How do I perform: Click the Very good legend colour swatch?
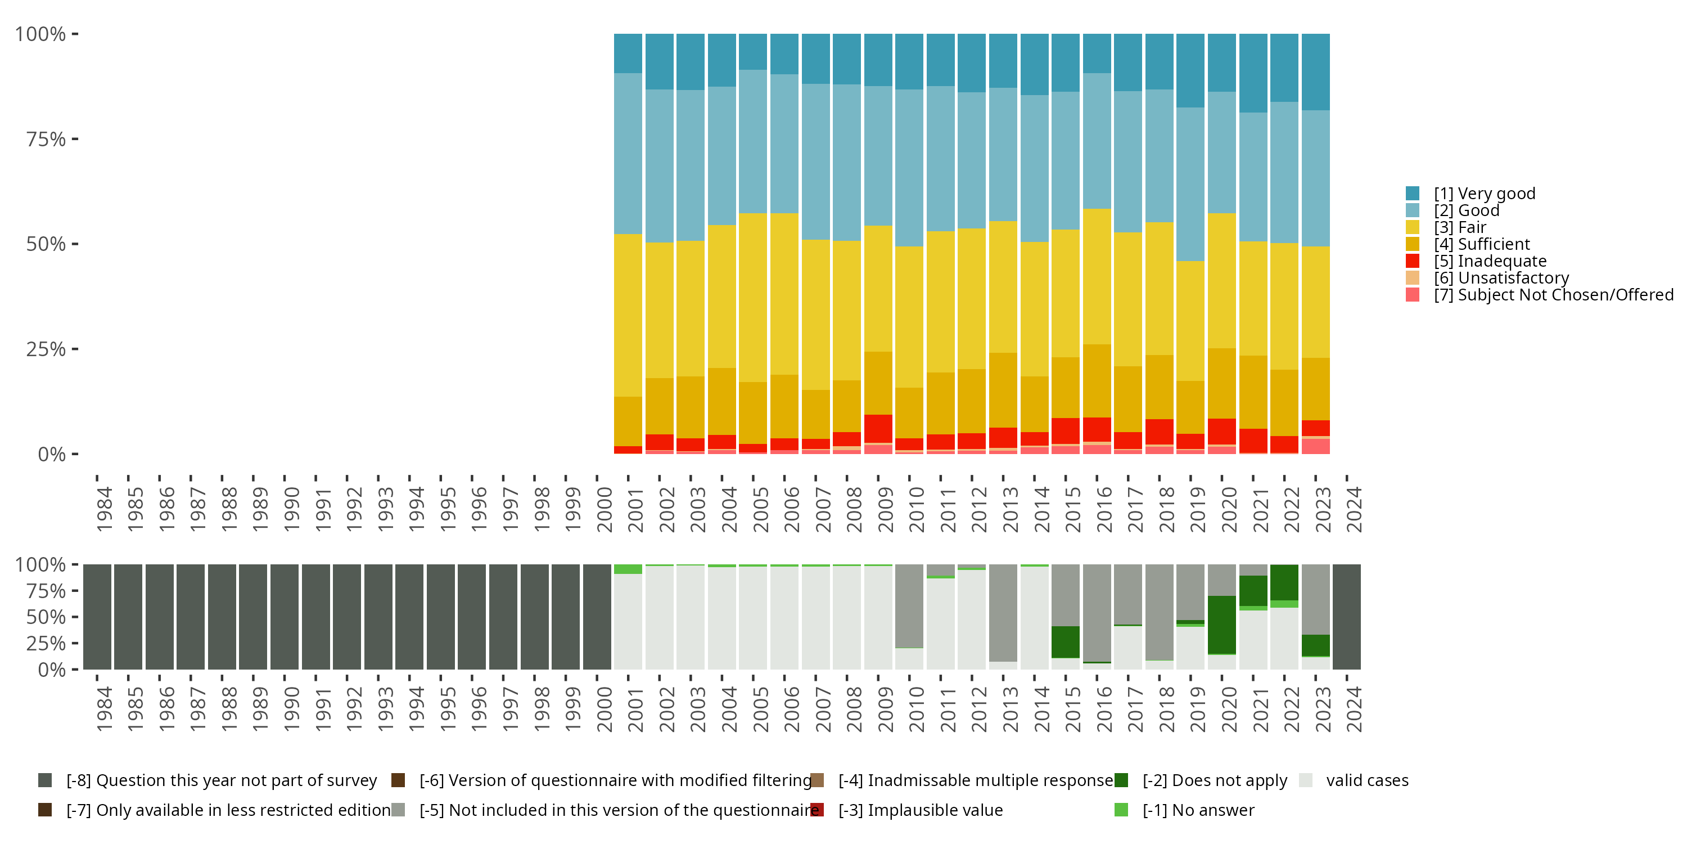tap(1413, 194)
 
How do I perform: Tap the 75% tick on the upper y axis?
tap(46, 139)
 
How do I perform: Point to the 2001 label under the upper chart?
tap(636, 509)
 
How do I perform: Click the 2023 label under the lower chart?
tap(1323, 709)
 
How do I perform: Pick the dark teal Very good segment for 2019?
tap(1190, 70)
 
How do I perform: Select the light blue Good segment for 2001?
tap(628, 154)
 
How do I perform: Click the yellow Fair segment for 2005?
tap(753, 298)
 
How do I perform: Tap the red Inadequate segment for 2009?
tap(878, 429)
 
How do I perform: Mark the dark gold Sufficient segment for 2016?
tap(1097, 381)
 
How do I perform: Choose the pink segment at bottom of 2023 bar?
tap(1316, 446)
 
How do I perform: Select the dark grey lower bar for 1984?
tap(97, 617)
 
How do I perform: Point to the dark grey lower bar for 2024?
tap(1346, 617)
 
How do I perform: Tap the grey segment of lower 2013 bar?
tap(1003, 613)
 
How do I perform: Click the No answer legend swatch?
tap(1121, 810)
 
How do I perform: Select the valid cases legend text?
tap(1367, 780)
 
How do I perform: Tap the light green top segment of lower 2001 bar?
tap(628, 569)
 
